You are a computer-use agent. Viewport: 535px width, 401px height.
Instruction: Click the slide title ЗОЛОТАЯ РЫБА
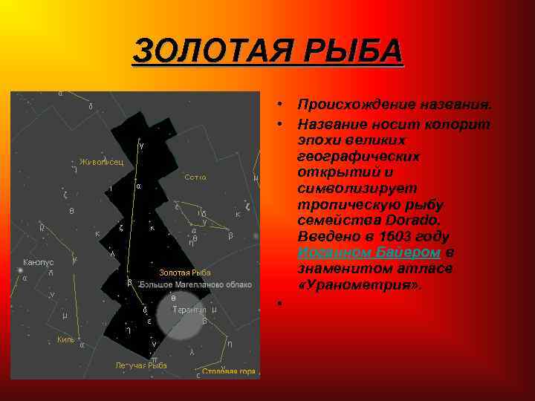[x=267, y=52]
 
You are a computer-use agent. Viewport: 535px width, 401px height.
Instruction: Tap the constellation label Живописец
[x=101, y=162]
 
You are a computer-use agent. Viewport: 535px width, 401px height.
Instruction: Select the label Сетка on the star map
[x=195, y=177]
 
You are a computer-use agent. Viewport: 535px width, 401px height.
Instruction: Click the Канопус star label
[x=38, y=262]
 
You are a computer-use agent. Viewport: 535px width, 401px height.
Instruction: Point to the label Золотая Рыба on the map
[x=184, y=273]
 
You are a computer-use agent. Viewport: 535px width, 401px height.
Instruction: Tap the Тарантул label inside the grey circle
[x=189, y=309]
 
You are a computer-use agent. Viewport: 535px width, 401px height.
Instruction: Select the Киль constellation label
[x=65, y=339]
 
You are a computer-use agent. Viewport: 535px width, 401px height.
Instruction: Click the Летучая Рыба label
[x=141, y=365]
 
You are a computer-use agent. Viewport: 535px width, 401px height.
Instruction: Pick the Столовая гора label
[x=228, y=371]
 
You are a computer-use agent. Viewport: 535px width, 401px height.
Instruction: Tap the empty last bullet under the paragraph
[x=276, y=301]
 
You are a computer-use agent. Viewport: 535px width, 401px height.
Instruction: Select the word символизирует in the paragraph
[x=356, y=188]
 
